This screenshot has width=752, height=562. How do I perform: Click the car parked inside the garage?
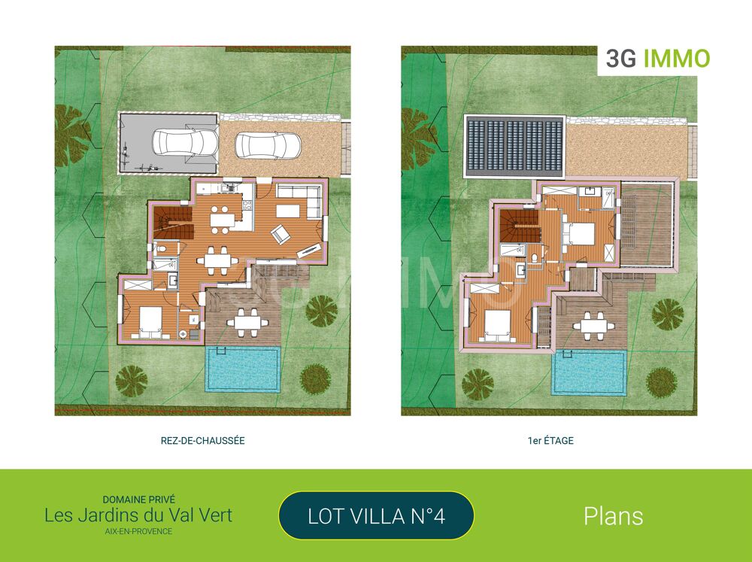coord(184,141)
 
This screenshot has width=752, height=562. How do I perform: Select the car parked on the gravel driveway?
coord(268,145)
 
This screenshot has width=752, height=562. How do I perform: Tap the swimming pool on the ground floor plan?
coord(243,369)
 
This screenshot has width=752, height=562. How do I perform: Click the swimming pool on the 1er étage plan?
coord(590,372)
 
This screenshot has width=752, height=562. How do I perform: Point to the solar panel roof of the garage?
coord(514,147)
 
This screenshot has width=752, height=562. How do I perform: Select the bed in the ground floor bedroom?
coord(150,321)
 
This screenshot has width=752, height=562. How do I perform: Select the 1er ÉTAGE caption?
coord(550,441)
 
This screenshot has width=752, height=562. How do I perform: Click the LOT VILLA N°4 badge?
coord(376,516)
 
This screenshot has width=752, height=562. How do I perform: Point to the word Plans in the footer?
coord(613,516)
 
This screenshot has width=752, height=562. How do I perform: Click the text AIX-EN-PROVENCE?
coord(138,532)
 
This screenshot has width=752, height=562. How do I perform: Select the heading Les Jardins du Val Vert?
coord(138,515)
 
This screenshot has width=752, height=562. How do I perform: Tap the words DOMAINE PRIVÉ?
coord(138,499)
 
